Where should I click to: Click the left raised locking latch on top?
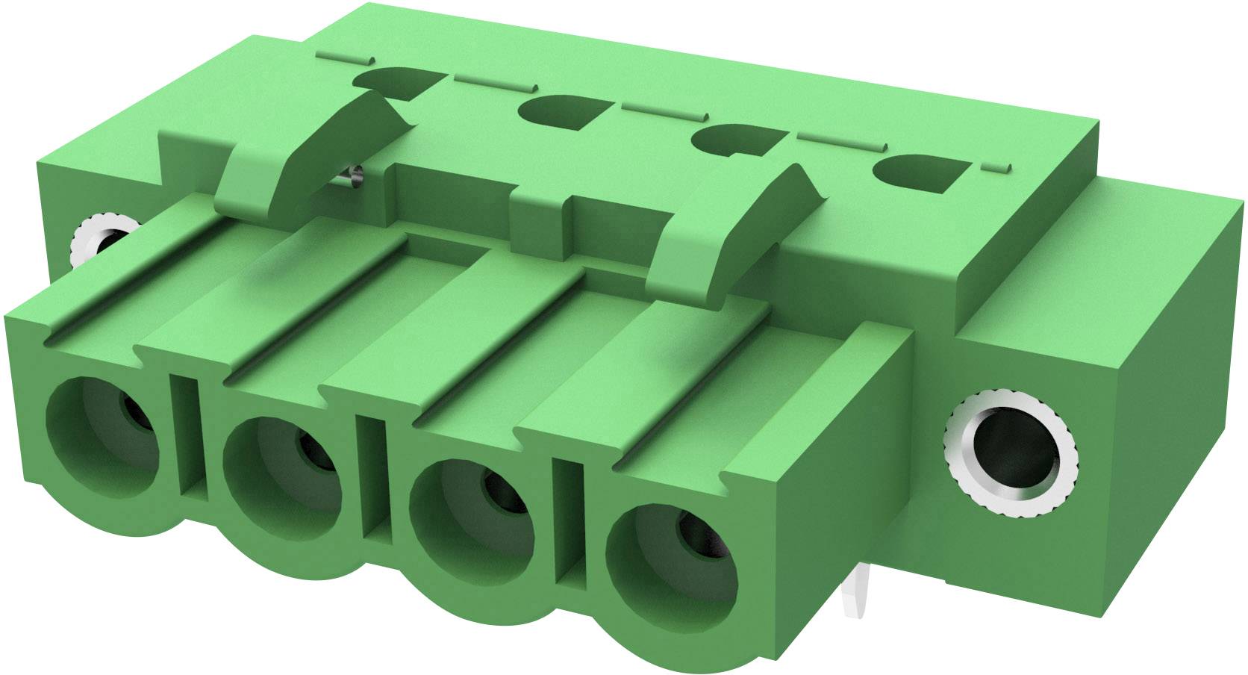(313, 149)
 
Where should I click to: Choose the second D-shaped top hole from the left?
(562, 113)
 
